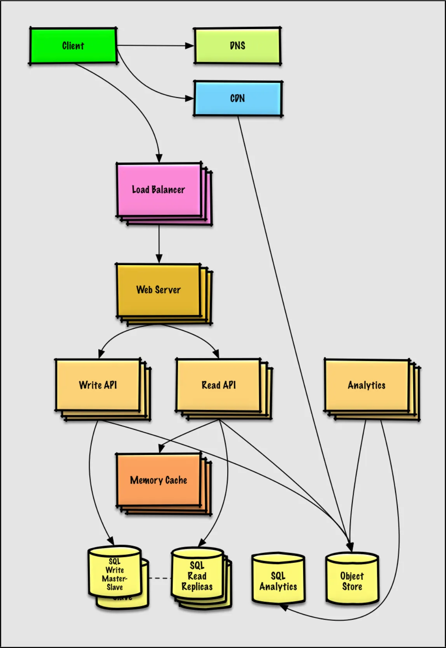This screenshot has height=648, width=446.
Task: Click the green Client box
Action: click(73, 46)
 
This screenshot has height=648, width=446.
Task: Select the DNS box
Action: click(237, 46)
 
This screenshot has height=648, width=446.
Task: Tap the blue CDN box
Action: click(237, 98)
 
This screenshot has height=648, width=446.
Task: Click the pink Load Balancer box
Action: click(159, 189)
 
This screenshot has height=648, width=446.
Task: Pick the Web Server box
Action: click(158, 290)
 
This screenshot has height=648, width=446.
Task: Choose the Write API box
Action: click(98, 385)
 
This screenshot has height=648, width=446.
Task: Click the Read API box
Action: click(218, 385)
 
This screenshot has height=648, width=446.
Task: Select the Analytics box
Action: click(366, 385)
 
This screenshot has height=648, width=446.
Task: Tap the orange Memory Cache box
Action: click(158, 480)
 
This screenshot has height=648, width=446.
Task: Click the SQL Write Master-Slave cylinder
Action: click(115, 574)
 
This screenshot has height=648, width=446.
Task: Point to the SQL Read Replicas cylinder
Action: click(197, 576)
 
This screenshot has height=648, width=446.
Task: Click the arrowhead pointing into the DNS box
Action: click(189, 46)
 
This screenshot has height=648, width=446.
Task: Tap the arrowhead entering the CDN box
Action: click(189, 98)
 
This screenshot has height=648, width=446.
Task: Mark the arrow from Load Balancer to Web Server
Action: click(159, 243)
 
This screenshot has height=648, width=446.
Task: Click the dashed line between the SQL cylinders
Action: click(160, 578)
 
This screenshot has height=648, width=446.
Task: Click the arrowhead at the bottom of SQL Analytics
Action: click(284, 607)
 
